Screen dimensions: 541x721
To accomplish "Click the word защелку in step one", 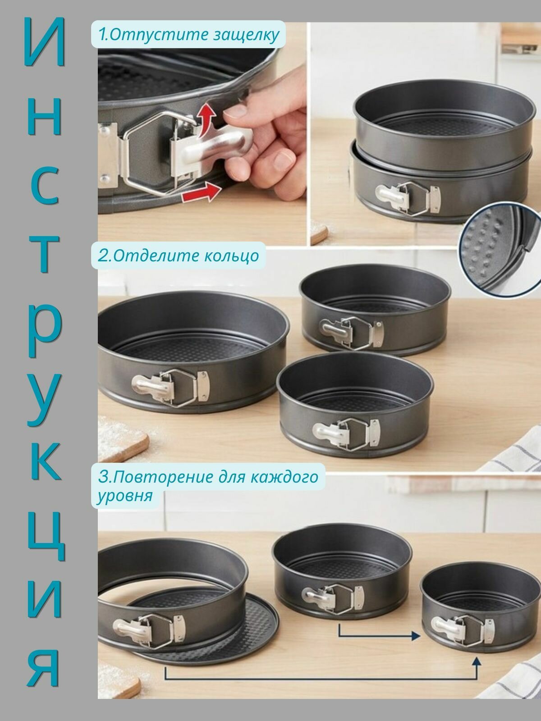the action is point(246,35).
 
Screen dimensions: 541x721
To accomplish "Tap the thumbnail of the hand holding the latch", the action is point(202,132).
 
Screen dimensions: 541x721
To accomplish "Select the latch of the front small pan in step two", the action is point(345,433).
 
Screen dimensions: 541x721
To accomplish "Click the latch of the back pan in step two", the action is point(352,332).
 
